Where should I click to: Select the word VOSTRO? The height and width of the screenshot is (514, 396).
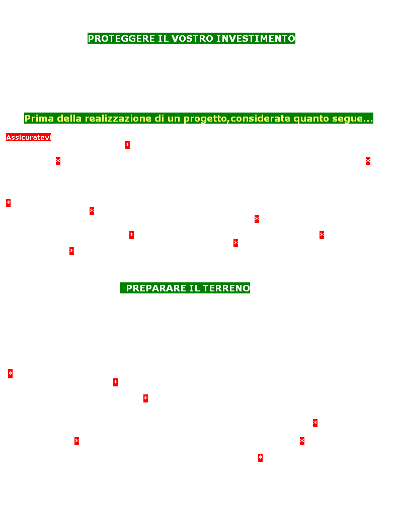(192, 38)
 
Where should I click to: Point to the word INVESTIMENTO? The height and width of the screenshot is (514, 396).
(256, 38)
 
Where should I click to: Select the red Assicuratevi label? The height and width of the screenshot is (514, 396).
(29, 137)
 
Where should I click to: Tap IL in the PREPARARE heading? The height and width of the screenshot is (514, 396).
(194, 288)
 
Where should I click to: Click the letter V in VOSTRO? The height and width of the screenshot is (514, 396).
(175, 38)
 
